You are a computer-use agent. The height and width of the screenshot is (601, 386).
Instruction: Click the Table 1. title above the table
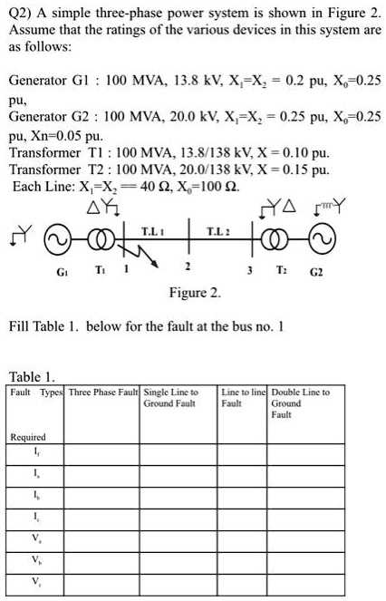[x=33, y=375]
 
